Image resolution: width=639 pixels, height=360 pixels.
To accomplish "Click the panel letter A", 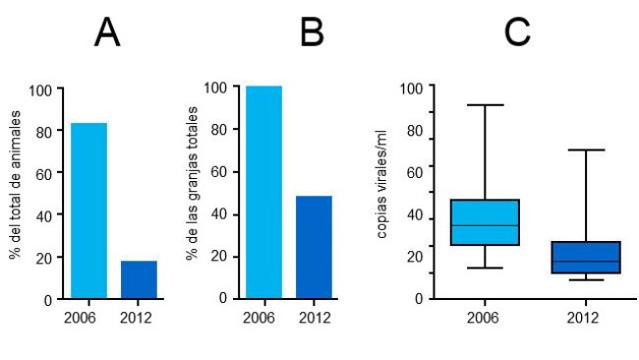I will [x=107, y=33].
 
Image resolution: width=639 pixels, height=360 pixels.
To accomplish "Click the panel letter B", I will [x=312, y=33].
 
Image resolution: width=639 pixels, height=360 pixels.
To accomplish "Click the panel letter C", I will [x=517, y=33].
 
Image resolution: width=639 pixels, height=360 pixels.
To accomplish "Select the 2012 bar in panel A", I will [x=139, y=279].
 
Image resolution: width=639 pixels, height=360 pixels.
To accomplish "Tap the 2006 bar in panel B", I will [x=263, y=192].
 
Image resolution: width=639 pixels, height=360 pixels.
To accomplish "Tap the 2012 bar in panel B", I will [x=314, y=247].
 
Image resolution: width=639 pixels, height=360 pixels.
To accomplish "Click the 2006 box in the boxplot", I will [x=484, y=222].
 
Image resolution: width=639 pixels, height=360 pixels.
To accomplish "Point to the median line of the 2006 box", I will [x=484, y=225].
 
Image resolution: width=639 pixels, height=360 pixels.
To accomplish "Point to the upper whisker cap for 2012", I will [x=586, y=150].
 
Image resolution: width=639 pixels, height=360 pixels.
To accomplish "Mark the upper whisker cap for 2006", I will [x=484, y=104].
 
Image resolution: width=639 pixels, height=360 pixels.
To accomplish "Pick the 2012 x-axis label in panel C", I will [x=586, y=318].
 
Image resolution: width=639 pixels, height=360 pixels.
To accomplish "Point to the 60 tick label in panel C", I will [x=414, y=173].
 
